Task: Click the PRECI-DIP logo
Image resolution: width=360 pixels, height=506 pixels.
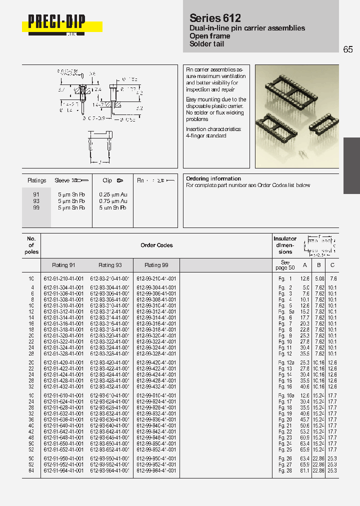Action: click(56, 22)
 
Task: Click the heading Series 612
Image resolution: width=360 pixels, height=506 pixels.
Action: click(215, 18)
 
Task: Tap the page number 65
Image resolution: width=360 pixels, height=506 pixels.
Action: click(348, 49)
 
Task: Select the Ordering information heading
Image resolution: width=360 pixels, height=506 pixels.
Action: click(213, 178)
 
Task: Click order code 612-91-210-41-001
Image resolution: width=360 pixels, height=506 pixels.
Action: click(63, 278)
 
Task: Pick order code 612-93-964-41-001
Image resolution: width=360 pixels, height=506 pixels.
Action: click(110, 470)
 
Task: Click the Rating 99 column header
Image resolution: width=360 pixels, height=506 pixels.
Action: click(156, 265)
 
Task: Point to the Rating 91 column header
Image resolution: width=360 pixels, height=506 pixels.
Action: click(63, 265)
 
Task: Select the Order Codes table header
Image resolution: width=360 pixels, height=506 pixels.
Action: click(156, 245)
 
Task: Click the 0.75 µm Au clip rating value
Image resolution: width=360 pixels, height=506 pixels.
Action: click(113, 200)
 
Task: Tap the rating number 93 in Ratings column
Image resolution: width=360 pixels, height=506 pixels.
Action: click(36, 200)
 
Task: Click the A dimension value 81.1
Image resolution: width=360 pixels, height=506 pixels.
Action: click(304, 470)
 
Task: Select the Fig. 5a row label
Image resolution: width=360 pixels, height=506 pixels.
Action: click(285, 311)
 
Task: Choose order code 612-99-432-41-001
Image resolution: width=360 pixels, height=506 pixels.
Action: click(156, 386)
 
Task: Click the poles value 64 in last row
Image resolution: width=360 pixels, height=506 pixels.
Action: click(31, 470)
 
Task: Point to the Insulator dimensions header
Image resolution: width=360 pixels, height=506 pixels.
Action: click(285, 245)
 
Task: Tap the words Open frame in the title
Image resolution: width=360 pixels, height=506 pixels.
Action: click(210, 36)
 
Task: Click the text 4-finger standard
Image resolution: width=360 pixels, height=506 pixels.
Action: click(206, 135)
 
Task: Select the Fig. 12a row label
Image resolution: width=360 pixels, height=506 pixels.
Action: click(285, 362)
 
